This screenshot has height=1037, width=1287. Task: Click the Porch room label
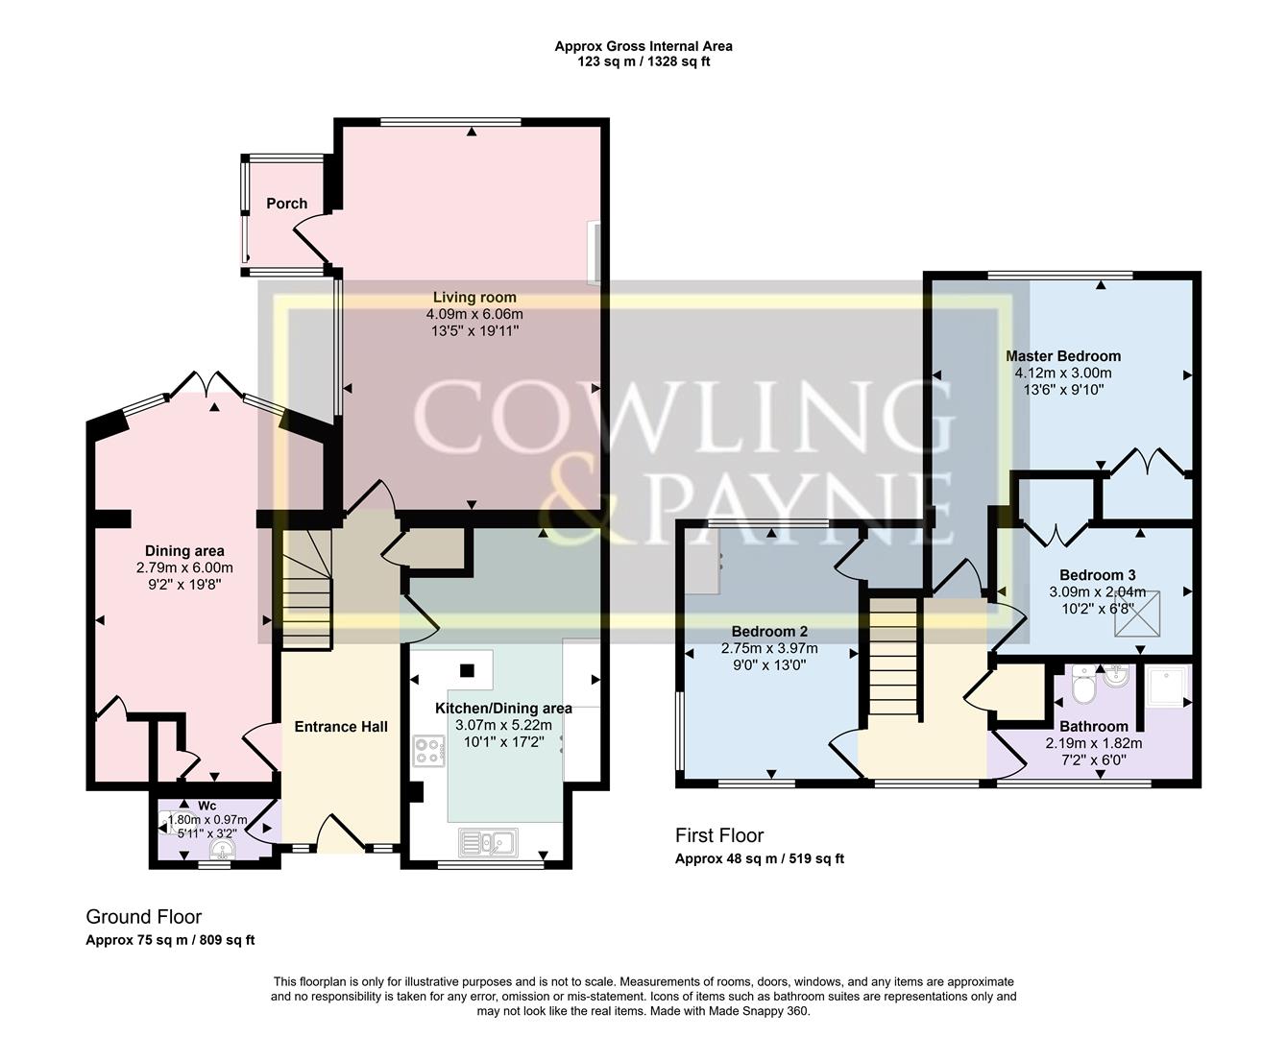point(286,204)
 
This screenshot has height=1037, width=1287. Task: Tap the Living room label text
point(474,298)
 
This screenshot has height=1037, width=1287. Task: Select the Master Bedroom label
point(1063,356)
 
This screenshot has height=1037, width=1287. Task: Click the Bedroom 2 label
point(769,632)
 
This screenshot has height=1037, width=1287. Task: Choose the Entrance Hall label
point(341,727)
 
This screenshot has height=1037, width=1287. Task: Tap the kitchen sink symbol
point(488,842)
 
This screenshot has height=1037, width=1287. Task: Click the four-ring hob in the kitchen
point(428,751)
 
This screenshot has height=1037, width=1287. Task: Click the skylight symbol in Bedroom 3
point(1138,614)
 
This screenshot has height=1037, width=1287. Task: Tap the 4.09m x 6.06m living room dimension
point(474,314)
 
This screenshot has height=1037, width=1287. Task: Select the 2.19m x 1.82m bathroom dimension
point(1094,743)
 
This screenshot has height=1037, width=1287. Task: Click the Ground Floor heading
point(144,917)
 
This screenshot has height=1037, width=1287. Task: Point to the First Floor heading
point(719,835)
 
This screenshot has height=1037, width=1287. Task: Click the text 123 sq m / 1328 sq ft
point(643,61)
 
